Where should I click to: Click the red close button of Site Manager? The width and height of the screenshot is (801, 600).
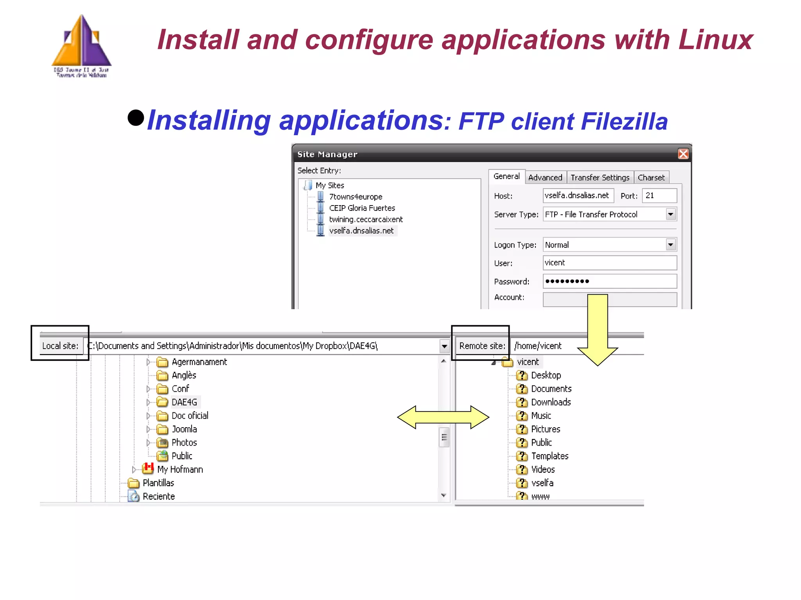point(683,154)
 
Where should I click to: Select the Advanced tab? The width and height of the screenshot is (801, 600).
point(545,177)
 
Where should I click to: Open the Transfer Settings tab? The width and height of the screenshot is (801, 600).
point(600,177)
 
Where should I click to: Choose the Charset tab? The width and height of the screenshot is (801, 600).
point(651,177)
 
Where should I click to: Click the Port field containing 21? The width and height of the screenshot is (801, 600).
point(659,195)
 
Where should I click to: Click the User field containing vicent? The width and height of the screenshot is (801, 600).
point(609,263)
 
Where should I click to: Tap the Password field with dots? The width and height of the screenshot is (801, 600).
point(609,281)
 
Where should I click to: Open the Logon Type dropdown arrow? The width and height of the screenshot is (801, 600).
point(670,245)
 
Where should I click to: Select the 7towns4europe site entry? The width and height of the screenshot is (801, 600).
point(355,197)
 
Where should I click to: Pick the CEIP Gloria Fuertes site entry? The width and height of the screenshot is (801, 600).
point(362,208)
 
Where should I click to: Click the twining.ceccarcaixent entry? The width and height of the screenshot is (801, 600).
point(365,219)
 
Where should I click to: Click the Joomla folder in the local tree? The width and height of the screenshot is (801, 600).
point(184,429)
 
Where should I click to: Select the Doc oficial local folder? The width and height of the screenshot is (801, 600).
point(190,416)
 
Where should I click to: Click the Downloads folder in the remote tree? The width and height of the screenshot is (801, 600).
point(551,402)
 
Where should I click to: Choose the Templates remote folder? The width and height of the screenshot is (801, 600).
point(550,456)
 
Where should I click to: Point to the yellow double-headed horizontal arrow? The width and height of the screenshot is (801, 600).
point(443,417)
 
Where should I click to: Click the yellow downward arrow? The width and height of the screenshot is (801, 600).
point(597,332)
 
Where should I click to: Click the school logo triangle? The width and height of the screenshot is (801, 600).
point(82,43)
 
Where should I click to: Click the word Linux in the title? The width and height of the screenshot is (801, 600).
point(715,40)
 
